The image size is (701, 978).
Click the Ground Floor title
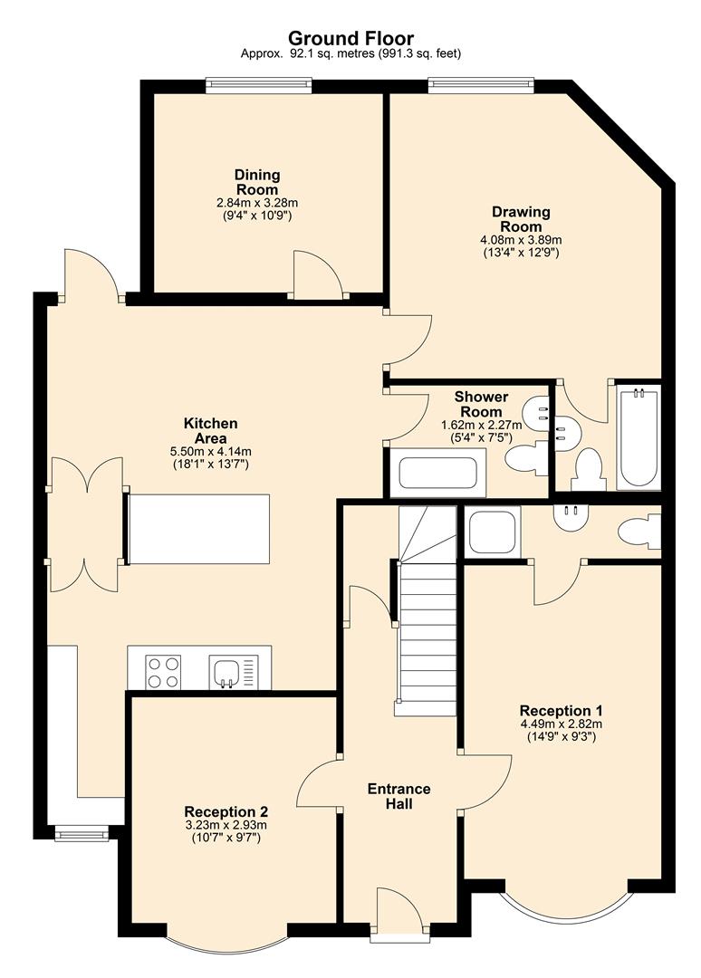(350, 38)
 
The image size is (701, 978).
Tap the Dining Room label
(257, 182)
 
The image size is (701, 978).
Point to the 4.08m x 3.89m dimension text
(521, 240)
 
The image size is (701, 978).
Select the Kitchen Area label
(210, 430)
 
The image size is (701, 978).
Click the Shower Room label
(481, 404)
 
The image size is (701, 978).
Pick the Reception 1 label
(562, 710)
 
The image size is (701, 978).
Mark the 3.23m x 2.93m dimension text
(226, 825)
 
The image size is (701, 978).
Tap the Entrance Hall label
(399, 796)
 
